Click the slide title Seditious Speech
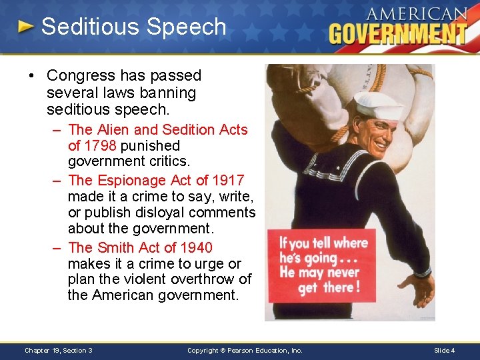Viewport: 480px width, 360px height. pos(133,27)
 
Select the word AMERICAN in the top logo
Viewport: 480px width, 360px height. pos(417,13)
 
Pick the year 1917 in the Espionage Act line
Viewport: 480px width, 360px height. pos(228,180)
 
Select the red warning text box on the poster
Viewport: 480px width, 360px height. pos(321,265)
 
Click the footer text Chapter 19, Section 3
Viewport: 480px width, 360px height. pos(59,350)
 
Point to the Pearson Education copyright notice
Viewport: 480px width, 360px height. pos(245,350)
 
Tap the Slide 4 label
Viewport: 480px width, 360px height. pos(445,350)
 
